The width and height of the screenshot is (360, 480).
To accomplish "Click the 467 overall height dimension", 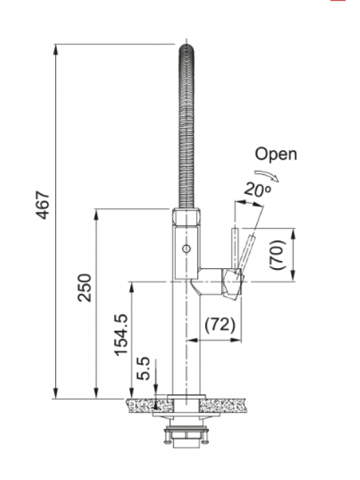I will [43, 206].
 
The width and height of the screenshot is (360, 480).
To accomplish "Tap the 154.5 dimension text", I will [121, 334].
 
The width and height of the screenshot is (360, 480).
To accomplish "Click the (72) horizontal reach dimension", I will [220, 325].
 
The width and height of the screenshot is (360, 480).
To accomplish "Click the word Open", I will [275, 154].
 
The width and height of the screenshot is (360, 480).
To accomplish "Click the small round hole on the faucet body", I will [185, 248].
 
